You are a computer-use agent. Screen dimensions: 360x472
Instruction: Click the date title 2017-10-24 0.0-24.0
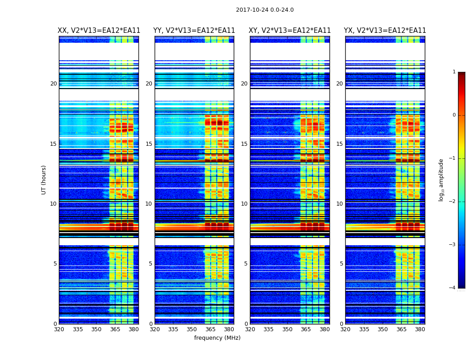tap(265, 10)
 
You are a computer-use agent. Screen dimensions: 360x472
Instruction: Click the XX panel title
tap(99, 31)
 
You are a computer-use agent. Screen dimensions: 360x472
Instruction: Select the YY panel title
tap(194, 31)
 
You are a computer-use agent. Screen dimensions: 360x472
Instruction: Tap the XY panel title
tap(290, 31)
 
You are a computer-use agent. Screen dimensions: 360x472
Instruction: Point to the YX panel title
tap(385, 31)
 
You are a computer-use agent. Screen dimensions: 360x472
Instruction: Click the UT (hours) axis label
tap(44, 180)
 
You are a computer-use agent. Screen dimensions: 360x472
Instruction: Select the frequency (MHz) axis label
tap(217, 338)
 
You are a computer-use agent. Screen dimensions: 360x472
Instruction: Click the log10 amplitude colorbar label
tap(441, 180)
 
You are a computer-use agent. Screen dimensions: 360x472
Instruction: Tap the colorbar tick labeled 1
tap(454, 72)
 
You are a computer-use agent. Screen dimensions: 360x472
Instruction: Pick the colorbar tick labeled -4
tap(453, 288)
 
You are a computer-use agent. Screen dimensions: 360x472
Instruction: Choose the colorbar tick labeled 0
tap(454, 115)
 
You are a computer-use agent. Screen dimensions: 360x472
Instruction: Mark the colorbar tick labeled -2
tap(453, 202)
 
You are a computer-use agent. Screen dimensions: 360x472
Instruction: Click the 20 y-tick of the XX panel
tap(53, 84)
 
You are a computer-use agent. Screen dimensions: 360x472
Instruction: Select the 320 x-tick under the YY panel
tap(155, 329)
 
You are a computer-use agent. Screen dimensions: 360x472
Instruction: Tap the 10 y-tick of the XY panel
tap(244, 204)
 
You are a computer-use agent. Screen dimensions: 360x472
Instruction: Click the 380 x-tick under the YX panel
tap(420, 329)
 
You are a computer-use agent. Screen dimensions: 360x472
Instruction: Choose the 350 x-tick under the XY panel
tap(287, 329)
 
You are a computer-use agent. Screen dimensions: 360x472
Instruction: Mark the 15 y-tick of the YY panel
tap(149, 144)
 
